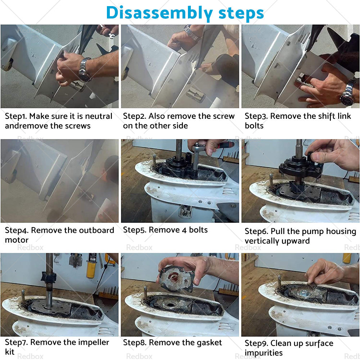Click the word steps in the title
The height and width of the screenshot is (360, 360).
tap(241, 13)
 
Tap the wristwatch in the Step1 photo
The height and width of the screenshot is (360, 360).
tap(85, 69)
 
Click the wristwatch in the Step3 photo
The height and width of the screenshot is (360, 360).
tap(348, 93)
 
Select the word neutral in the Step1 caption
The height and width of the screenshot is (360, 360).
tap(99, 116)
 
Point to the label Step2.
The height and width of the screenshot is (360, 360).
tap(134, 116)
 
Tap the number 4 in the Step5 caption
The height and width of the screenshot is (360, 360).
tap(184, 230)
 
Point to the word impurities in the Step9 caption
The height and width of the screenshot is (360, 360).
tap(264, 353)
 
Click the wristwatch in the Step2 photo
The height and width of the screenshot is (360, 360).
tap(192, 33)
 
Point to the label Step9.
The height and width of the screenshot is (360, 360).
tap(256, 343)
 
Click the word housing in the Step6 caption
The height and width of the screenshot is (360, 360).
tap(341, 231)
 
